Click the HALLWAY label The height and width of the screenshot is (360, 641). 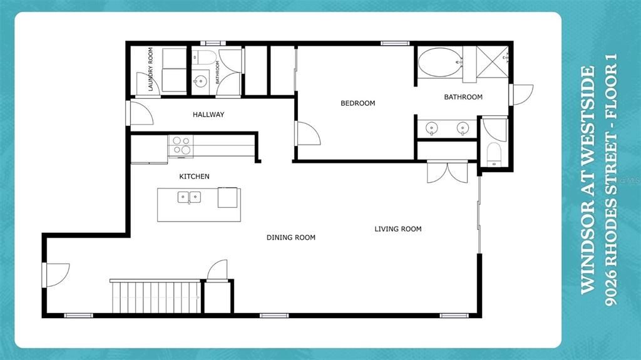(x=208, y=115)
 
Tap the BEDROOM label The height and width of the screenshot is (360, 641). (x=357, y=103)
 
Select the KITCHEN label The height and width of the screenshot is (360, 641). (x=194, y=177)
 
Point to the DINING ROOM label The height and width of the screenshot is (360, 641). (x=290, y=238)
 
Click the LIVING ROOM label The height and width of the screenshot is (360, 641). (x=397, y=229)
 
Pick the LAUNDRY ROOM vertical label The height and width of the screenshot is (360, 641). (x=151, y=69)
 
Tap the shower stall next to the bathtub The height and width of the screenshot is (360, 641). (x=493, y=62)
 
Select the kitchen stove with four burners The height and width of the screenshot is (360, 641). (x=181, y=146)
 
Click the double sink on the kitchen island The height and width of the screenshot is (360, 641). (x=189, y=198)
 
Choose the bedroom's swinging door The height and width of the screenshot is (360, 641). (x=307, y=133)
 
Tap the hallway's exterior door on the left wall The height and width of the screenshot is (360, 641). (x=139, y=113)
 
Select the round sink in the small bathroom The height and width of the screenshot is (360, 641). (x=200, y=81)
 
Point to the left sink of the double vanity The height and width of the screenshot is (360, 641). (x=431, y=128)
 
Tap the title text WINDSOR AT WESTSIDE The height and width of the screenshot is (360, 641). (x=587, y=180)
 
